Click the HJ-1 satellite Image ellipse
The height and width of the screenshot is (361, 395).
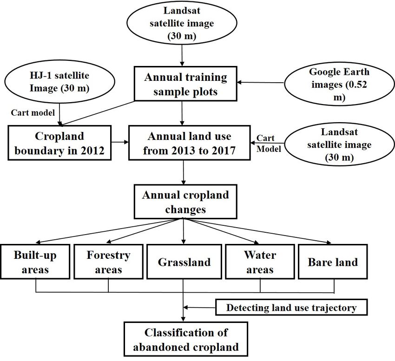click(59, 82)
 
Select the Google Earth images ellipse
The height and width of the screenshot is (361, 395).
click(339, 85)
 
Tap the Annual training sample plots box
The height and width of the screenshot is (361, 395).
click(186, 84)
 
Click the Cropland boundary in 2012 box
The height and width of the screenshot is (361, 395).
click(59, 143)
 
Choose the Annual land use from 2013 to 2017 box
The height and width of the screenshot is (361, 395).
click(190, 143)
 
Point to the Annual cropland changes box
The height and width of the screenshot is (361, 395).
click(186, 202)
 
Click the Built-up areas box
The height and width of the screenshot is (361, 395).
click(35, 262)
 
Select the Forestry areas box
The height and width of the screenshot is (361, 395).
click(109, 262)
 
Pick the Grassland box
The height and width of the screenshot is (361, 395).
click(184, 262)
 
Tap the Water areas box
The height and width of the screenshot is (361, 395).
click(260, 262)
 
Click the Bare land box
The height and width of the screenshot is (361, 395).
click(333, 262)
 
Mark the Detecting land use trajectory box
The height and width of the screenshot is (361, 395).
click(291, 308)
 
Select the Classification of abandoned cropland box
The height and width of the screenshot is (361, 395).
click(186, 339)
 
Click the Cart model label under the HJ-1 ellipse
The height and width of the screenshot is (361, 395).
click(33, 112)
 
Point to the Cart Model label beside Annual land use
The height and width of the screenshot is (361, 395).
click(269, 144)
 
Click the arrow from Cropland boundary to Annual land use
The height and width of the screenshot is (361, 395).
click(120, 142)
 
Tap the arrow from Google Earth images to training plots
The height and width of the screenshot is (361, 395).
click(261, 82)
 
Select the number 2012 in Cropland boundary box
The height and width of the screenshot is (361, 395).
click(92, 151)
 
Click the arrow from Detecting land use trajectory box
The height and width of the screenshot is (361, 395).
click(199, 308)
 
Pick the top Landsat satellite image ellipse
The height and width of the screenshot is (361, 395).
click(182, 23)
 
